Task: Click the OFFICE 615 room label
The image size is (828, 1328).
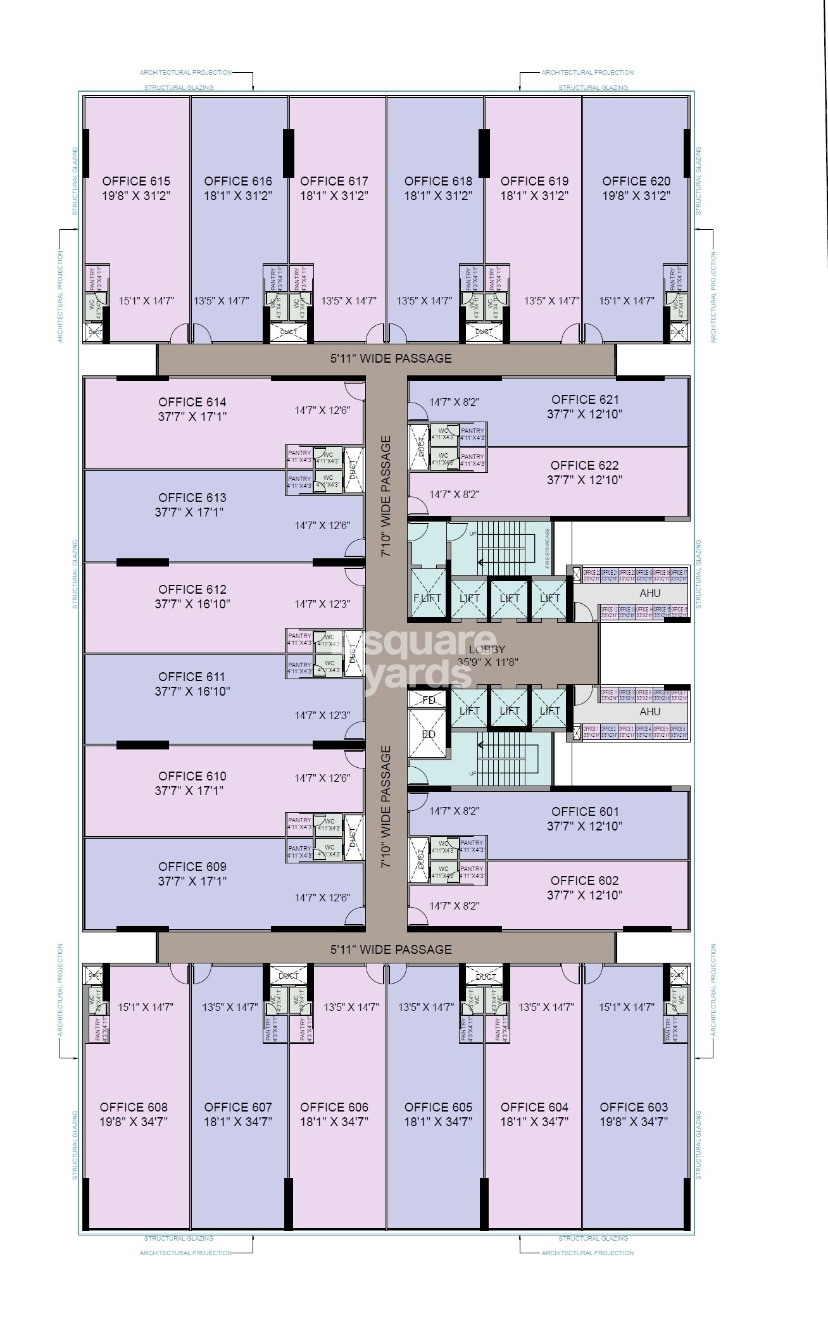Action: click(136, 181)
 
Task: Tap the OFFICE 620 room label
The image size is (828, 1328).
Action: click(636, 181)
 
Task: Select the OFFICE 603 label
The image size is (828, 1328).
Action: click(634, 1107)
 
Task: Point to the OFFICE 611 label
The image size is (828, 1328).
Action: click(192, 677)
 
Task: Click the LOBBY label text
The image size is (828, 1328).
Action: click(487, 649)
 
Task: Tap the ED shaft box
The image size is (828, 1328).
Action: click(429, 734)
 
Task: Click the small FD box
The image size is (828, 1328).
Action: click(429, 700)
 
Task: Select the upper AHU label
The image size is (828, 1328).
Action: click(650, 593)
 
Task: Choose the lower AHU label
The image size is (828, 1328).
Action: click(650, 711)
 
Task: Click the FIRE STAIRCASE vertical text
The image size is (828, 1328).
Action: click(548, 547)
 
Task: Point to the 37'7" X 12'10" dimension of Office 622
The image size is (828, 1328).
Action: click(584, 480)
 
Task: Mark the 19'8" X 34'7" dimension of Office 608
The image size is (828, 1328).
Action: click(134, 1122)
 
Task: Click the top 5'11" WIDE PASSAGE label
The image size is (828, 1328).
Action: click(391, 358)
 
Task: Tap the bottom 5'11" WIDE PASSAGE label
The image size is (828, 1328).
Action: click(391, 949)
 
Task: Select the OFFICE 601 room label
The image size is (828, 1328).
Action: click(585, 811)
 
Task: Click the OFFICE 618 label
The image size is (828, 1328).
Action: click(438, 181)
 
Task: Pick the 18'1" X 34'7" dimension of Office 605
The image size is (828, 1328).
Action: click(438, 1122)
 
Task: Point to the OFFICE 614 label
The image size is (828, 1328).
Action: click(192, 402)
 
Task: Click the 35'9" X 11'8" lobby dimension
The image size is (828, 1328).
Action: click(487, 663)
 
